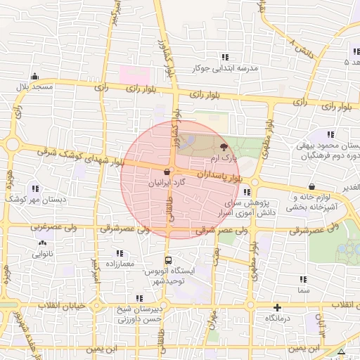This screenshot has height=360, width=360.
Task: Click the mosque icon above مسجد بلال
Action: [34, 77]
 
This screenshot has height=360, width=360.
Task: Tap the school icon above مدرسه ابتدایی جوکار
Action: [225, 57]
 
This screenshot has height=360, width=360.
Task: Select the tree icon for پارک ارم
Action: [224, 148]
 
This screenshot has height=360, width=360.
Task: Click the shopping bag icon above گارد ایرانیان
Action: [167, 171]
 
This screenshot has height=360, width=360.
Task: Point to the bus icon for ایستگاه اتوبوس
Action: [167, 260]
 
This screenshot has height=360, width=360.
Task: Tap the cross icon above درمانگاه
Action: [278, 307]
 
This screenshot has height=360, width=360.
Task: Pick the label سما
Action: [304, 290]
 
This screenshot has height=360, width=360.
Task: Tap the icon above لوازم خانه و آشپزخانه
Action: [311, 186]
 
